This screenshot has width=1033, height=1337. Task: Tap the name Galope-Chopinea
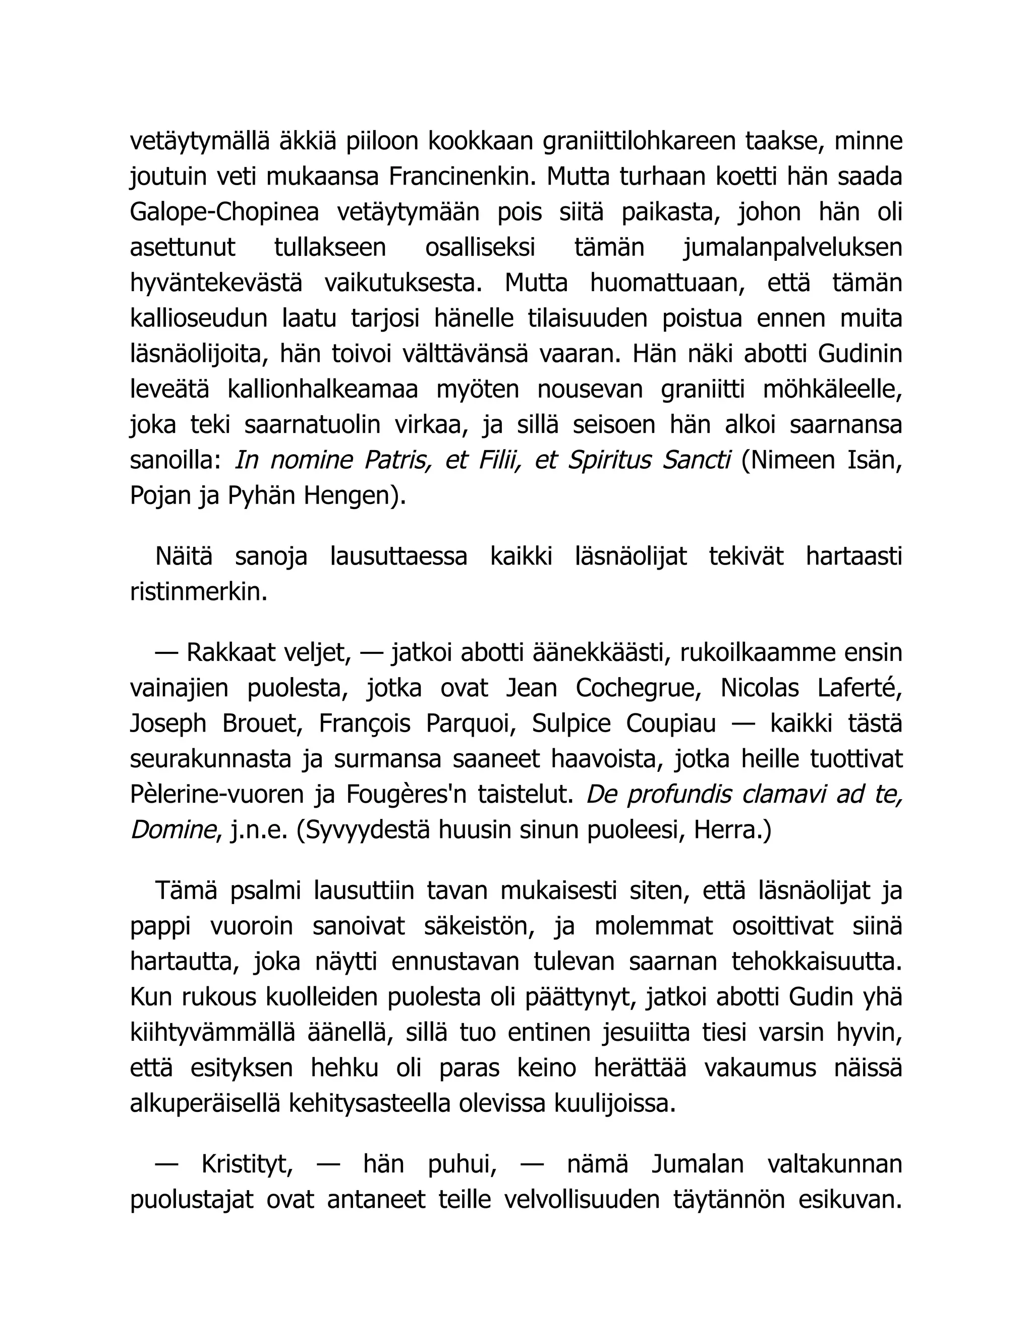(224, 212)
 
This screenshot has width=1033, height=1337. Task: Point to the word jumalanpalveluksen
(792, 248)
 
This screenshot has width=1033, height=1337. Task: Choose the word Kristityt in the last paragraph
(247, 1164)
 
